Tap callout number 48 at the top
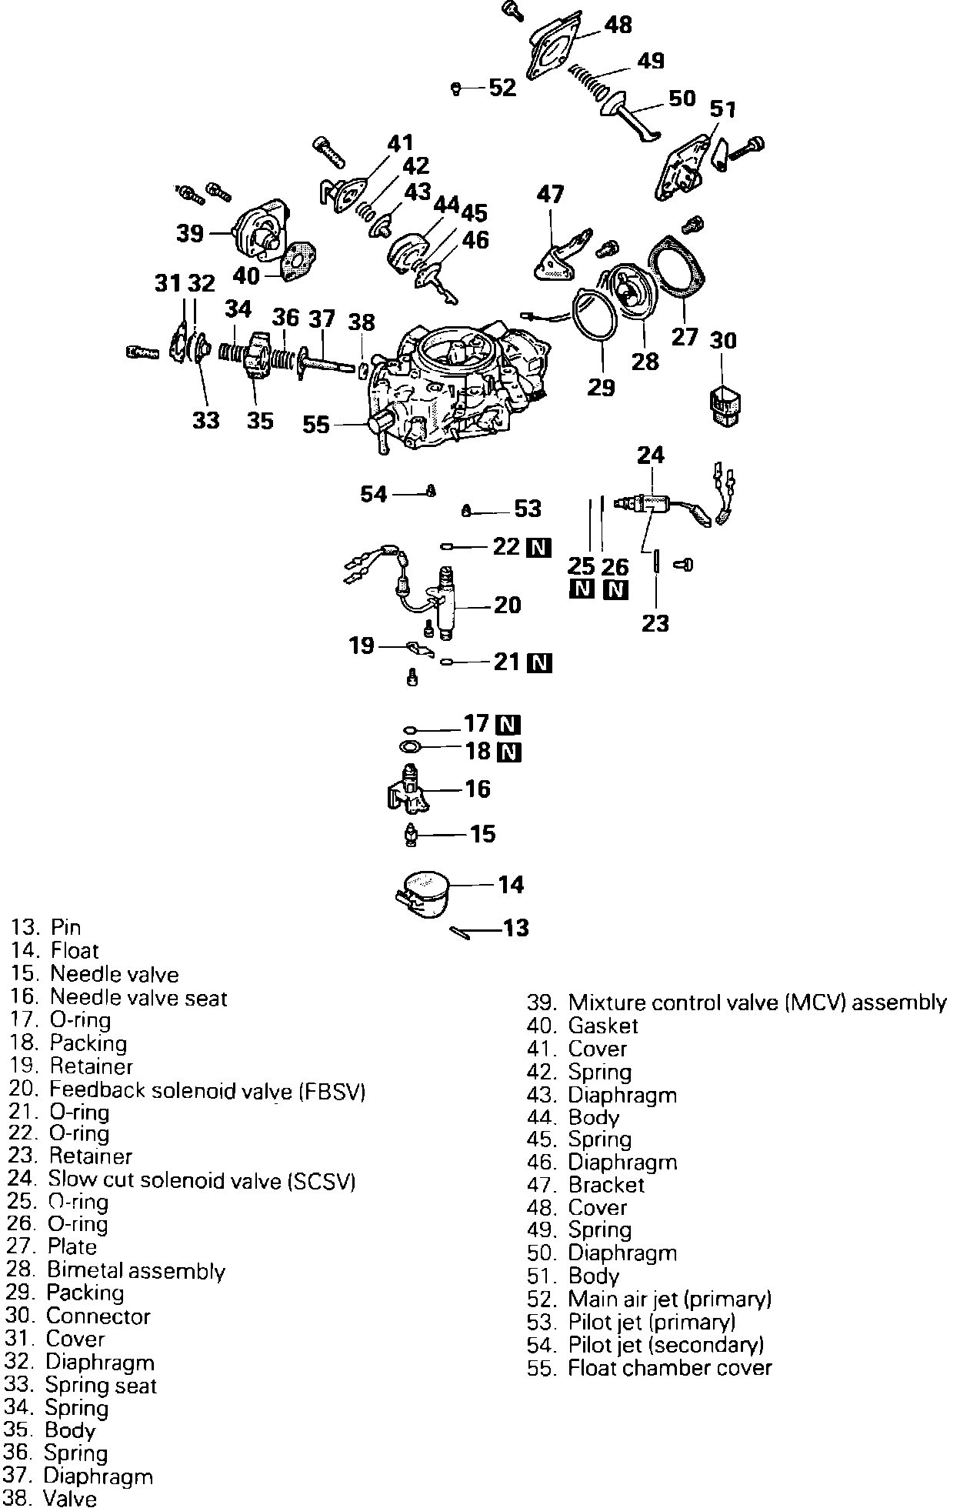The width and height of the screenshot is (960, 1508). (618, 25)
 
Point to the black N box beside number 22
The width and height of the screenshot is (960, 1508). (538, 547)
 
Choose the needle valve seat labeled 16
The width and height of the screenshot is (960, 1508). (408, 790)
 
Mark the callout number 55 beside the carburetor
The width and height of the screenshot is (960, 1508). (315, 425)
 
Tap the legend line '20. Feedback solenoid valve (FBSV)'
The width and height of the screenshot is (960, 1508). (187, 1090)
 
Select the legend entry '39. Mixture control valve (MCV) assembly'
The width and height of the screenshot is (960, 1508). (736, 1003)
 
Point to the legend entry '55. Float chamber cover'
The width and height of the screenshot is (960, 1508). (649, 1367)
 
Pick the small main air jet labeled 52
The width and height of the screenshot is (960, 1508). (455, 88)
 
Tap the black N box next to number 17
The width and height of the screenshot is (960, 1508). (508, 725)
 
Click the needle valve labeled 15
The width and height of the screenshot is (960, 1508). (412, 835)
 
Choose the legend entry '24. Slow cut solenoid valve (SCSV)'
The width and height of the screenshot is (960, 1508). (182, 1179)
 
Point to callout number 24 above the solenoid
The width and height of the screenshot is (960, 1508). (650, 455)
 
